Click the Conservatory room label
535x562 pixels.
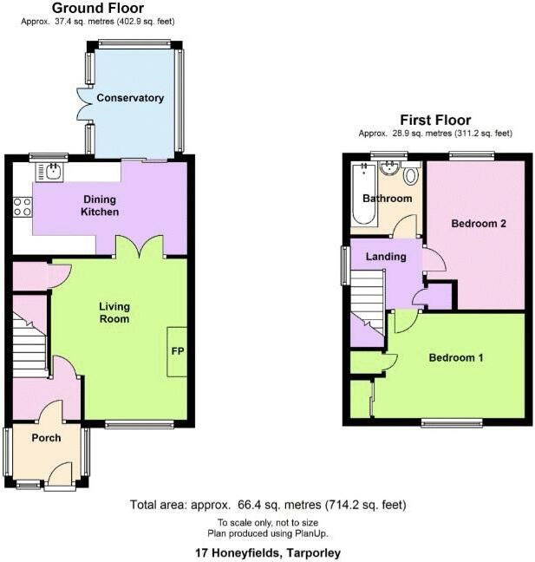pyautogui.click(x=130, y=98)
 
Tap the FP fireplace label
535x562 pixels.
pyautogui.click(x=178, y=351)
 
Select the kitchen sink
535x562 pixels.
pyautogui.click(x=49, y=172)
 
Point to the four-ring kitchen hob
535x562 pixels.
pyautogui.click(x=23, y=207)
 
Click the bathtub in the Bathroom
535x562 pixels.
pyautogui.click(x=363, y=194)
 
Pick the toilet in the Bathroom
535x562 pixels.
pyautogui.click(x=411, y=173)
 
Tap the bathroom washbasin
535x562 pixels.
pyautogui.click(x=389, y=167)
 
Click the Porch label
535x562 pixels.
pyautogui.click(x=46, y=438)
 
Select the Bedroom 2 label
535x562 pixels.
pyautogui.click(x=479, y=224)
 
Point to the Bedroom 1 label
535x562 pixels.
pyautogui.click(x=456, y=357)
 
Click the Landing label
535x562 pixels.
pyautogui.click(x=386, y=257)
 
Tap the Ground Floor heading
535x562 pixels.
pyautogui.click(x=98, y=8)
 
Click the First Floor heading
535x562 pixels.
pyautogui.click(x=435, y=120)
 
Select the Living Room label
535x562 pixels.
pyautogui.click(x=114, y=312)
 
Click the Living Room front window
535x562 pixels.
pyautogui.click(x=140, y=424)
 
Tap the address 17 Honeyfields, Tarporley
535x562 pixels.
pyautogui.click(x=268, y=552)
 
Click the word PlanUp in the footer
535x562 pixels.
pyautogui.click(x=310, y=533)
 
